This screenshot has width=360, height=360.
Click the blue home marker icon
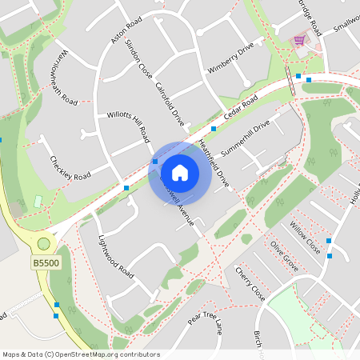(x=180, y=172)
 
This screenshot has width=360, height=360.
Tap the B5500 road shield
(x=46, y=262)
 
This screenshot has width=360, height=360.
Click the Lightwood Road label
(x=114, y=255)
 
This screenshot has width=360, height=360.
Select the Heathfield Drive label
(x=214, y=165)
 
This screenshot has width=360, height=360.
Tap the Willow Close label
(x=305, y=238)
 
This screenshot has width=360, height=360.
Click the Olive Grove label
(x=284, y=256)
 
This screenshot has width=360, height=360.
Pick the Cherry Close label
(x=250, y=284)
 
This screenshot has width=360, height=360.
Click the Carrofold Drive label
(x=170, y=105)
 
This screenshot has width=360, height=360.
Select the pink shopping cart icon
(x=299, y=39)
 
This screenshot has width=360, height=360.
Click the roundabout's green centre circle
(x=43, y=243)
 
